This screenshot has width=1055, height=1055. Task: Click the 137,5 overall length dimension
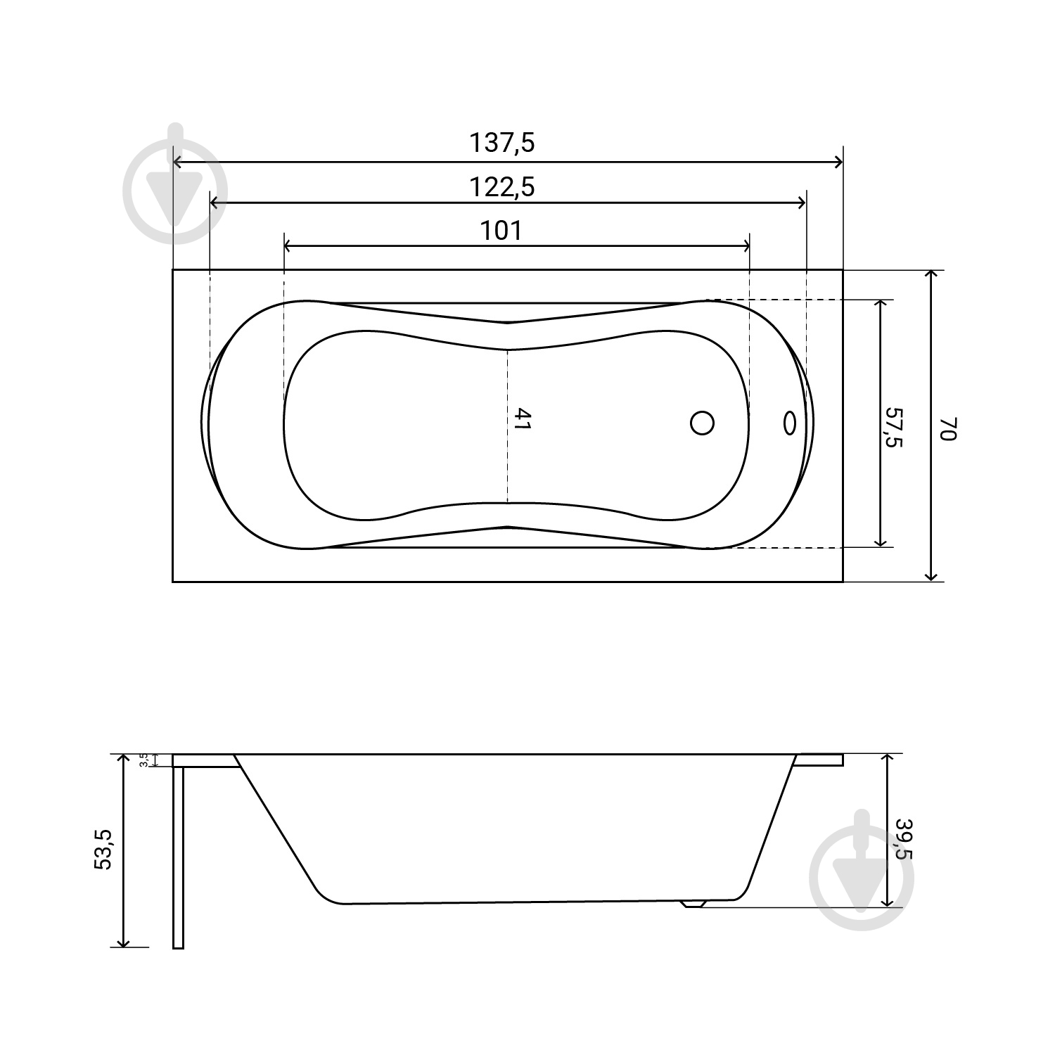click(501, 143)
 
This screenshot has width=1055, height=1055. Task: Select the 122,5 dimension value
click(501, 187)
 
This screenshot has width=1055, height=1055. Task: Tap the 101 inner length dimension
click(501, 230)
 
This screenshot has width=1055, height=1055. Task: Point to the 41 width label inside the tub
click(521, 419)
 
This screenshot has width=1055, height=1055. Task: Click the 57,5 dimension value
click(894, 426)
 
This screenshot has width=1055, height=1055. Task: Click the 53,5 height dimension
click(103, 850)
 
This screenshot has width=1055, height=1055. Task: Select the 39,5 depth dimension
click(903, 838)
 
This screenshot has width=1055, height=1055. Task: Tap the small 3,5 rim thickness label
click(143, 760)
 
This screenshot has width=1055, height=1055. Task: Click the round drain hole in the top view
click(702, 423)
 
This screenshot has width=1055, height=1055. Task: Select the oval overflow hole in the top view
click(789, 423)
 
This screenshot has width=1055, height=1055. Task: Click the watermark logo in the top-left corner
click(175, 184)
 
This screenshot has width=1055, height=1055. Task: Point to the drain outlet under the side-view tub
click(693, 904)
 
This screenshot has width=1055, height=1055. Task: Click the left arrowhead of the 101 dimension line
click(288, 246)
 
